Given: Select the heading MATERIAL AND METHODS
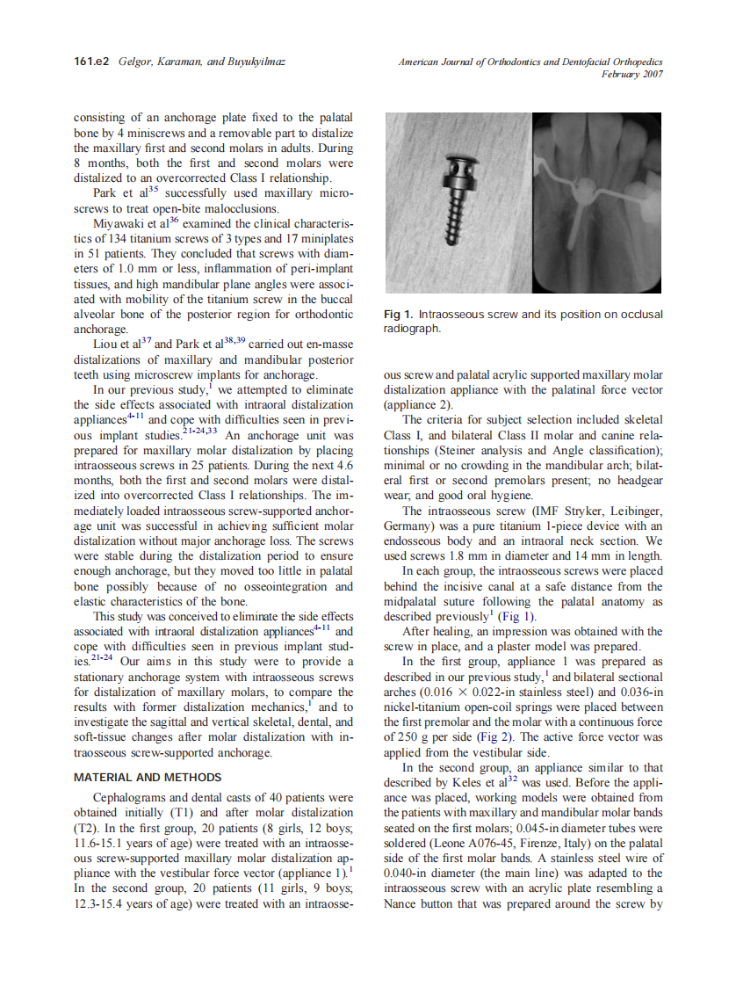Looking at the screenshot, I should (x=147, y=778).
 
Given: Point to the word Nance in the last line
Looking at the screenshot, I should (x=403, y=902).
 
